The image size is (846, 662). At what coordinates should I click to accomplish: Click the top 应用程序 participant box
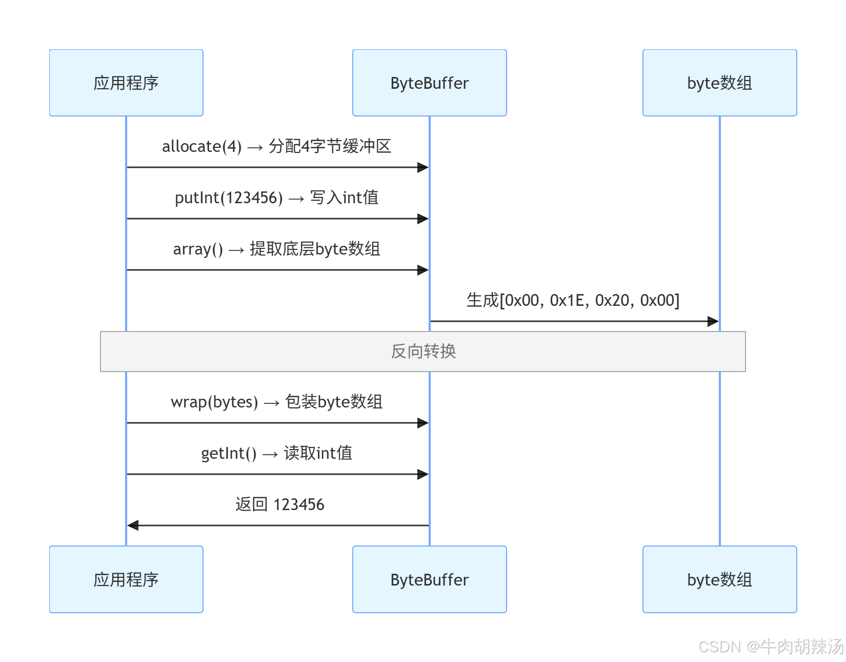coord(126,83)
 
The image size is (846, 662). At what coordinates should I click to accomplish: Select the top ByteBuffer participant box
coord(429,83)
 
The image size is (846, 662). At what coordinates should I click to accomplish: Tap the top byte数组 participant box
coord(719,83)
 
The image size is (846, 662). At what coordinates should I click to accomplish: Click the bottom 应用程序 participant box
coord(126,579)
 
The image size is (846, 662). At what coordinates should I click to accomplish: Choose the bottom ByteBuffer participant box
coord(429,579)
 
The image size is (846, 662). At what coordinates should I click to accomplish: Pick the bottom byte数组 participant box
coord(719,579)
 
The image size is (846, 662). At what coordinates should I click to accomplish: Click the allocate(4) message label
coord(202,147)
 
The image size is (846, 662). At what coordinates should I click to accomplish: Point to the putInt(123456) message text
coord(229,198)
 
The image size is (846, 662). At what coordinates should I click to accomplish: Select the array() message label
coord(198,249)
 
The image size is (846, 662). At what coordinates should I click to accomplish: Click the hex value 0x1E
coord(567,301)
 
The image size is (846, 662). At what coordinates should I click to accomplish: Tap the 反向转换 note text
coord(423,352)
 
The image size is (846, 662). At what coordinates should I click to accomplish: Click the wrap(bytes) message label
coord(214,402)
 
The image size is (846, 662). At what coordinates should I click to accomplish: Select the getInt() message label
coord(229,454)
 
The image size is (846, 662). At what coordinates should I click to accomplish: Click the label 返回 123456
coord(279,505)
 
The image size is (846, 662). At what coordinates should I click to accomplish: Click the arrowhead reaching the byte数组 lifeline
coord(713,321)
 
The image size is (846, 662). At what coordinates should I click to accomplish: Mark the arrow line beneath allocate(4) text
coord(277,167)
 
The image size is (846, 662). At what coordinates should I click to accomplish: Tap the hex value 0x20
coord(612,301)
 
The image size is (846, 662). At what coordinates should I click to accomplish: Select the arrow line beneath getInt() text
coord(277,474)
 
